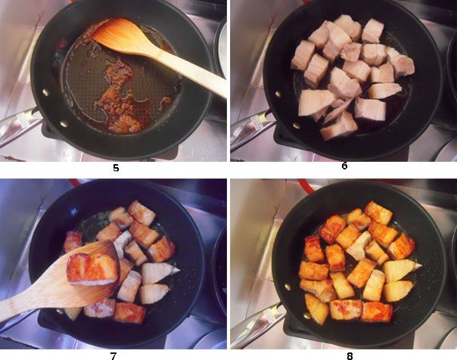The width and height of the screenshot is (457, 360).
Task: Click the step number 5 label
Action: pyautogui.click(x=115, y=168)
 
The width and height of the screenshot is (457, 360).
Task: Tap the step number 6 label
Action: pyautogui.click(x=344, y=166)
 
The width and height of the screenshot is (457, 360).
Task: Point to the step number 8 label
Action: pyautogui.click(x=345, y=352)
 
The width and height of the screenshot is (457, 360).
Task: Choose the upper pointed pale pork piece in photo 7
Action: pyautogui.click(x=161, y=271)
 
